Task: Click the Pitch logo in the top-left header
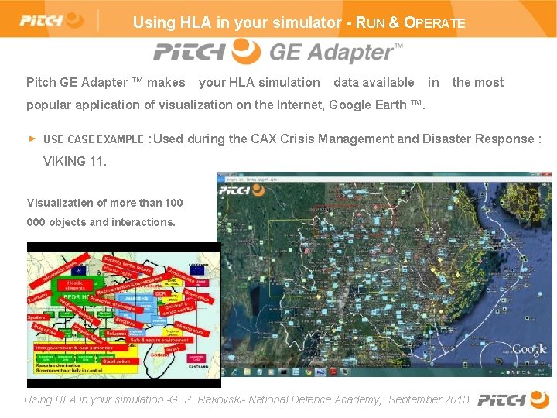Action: (x=51, y=20)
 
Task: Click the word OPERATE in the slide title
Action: (x=433, y=23)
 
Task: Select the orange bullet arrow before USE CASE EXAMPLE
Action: (x=32, y=139)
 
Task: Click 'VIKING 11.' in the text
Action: (x=75, y=163)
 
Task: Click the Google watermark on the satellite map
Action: (x=529, y=350)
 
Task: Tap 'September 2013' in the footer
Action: (x=429, y=399)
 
